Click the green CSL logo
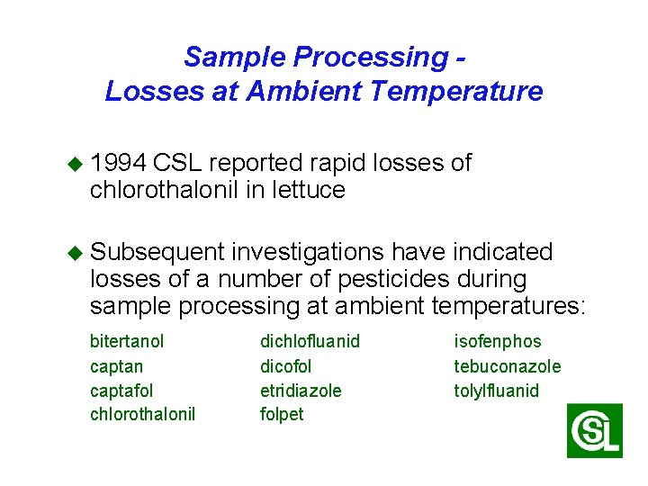tap(594, 431)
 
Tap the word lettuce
tap(310, 190)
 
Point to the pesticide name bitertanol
tap(127, 342)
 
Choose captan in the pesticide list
tap(116, 366)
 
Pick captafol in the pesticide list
tap(121, 391)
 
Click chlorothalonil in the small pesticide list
tap(142, 415)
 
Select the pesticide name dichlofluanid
tap(310, 342)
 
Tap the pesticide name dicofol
tap(285, 366)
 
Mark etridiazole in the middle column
tap(301, 391)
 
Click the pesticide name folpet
tap(282, 415)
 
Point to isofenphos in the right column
tap(497, 342)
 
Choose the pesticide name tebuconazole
tap(507, 366)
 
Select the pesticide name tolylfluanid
tap(496, 391)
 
